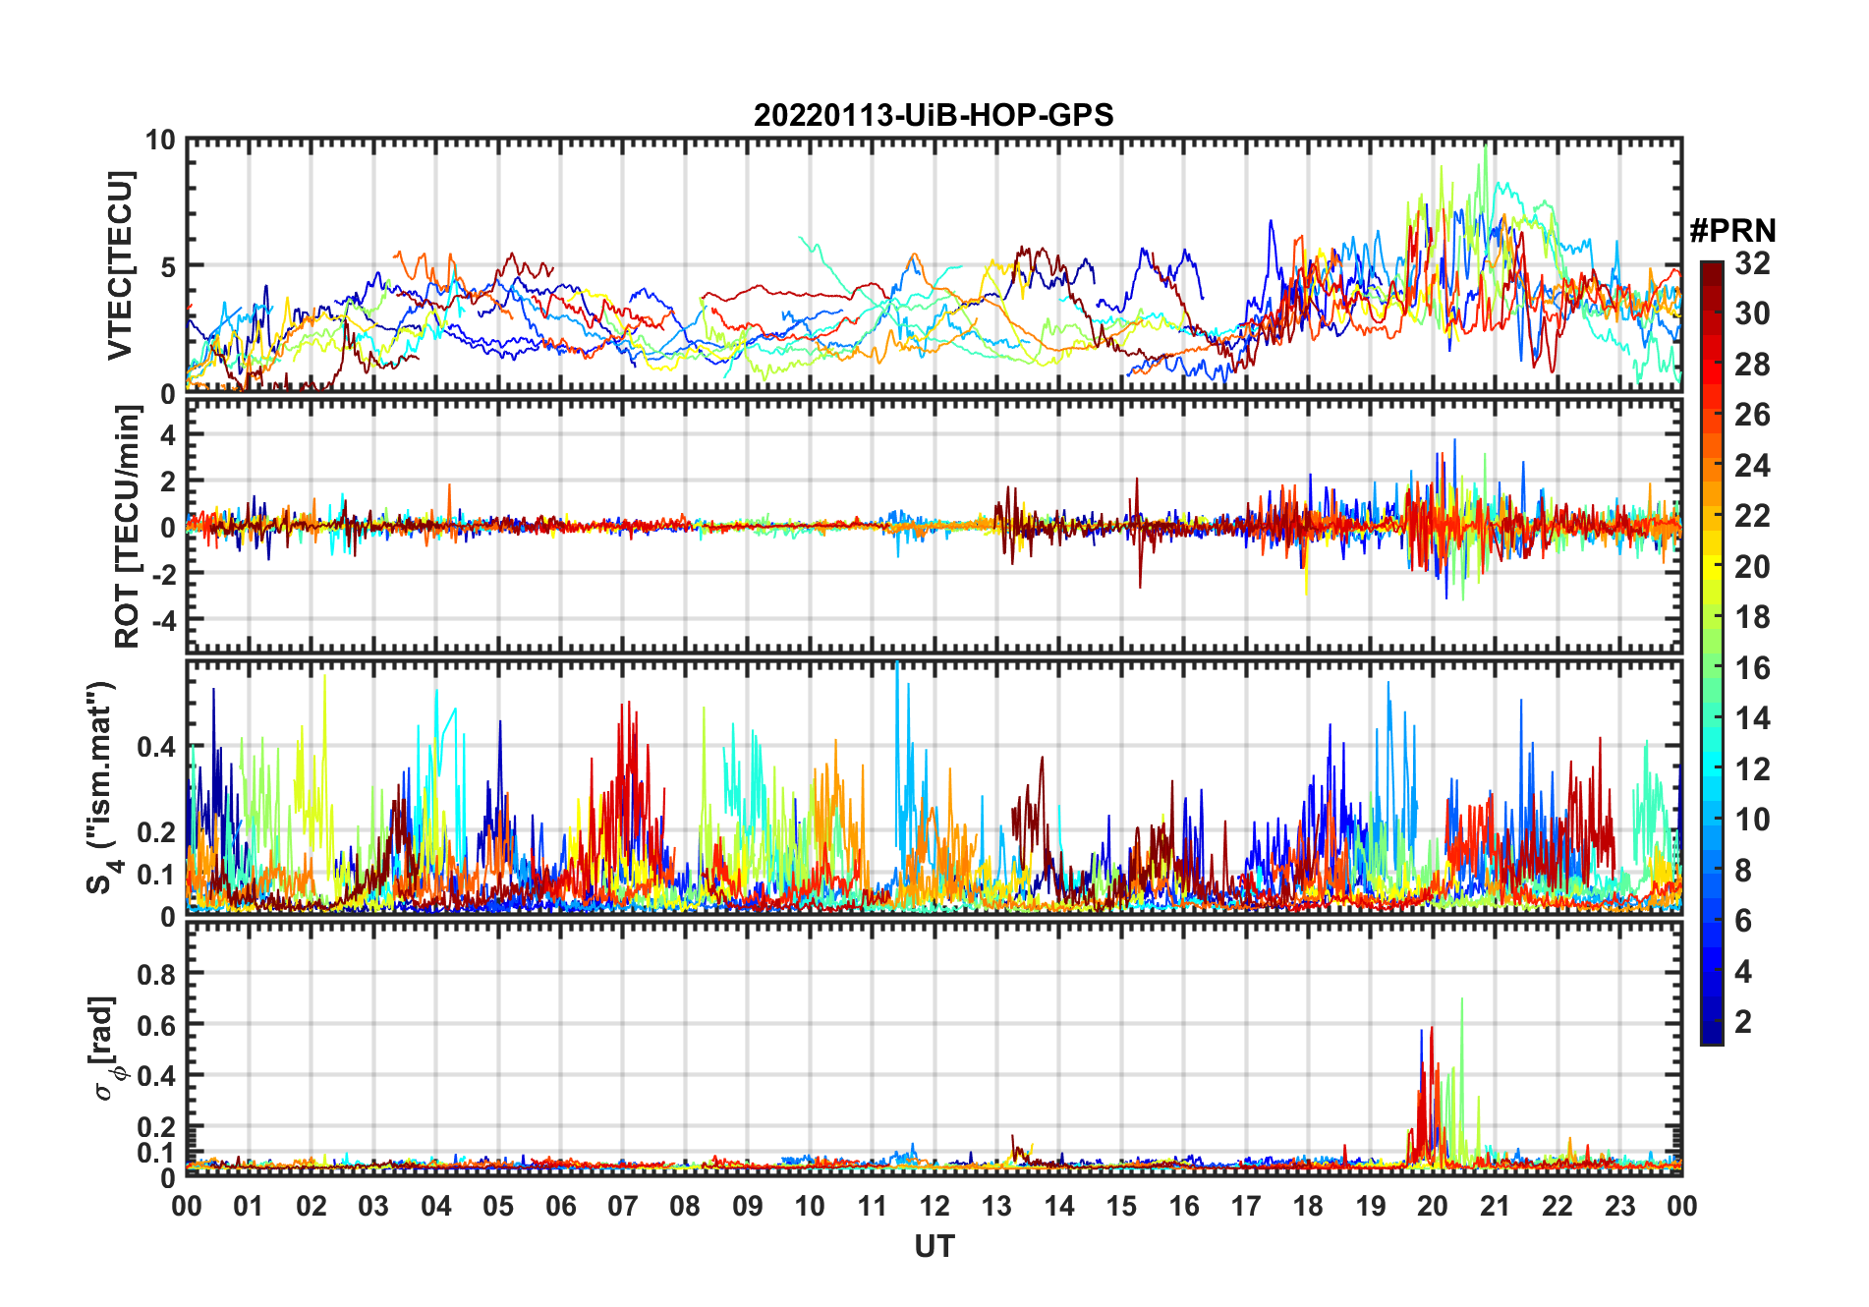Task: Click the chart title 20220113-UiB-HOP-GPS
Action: point(934,115)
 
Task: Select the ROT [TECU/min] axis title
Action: point(128,527)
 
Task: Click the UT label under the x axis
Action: point(934,1246)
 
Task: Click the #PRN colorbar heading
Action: point(1732,230)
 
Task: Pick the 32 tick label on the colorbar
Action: point(1752,263)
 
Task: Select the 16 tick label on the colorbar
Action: point(1752,668)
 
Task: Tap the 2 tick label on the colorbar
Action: point(1743,1022)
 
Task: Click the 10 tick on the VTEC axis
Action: point(160,141)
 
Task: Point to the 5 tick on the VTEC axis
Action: point(168,266)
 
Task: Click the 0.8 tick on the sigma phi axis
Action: point(157,974)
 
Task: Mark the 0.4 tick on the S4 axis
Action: point(157,747)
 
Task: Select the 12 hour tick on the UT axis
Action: point(934,1206)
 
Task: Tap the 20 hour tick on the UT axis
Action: point(1433,1206)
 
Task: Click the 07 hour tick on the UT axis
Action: point(623,1206)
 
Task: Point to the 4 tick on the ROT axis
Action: point(168,434)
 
